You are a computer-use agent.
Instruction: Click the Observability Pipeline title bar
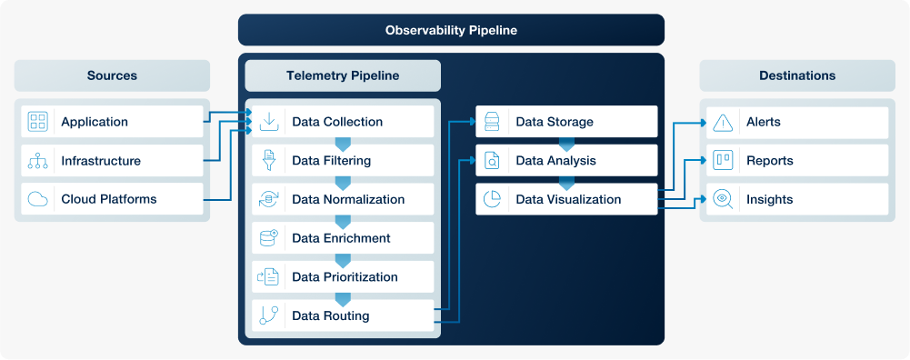coord(451,30)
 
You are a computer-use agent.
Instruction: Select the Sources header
coord(112,75)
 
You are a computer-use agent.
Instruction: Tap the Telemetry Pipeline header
coord(343,75)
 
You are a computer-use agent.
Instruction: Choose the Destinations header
coord(797,75)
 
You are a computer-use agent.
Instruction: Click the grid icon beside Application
coord(37,122)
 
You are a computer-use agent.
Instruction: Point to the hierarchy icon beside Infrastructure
coord(37,161)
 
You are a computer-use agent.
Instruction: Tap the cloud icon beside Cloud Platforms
coord(37,199)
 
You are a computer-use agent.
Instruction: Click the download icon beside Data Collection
coord(269,122)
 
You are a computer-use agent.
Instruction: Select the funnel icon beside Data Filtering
coord(269,160)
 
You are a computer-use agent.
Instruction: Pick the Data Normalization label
coord(348,199)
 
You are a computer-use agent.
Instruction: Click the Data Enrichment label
coord(341,238)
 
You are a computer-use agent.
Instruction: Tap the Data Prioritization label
coord(345,277)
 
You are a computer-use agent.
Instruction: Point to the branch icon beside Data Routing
coord(269,315)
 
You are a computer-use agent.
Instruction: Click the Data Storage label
coord(555,122)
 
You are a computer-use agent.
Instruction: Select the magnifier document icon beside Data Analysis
coord(492,160)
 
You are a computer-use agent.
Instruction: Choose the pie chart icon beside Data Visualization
coord(492,199)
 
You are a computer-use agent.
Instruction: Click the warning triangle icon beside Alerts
coord(723,122)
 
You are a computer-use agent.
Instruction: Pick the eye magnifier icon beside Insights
coord(723,199)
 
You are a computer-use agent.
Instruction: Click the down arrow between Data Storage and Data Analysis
coord(566,145)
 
